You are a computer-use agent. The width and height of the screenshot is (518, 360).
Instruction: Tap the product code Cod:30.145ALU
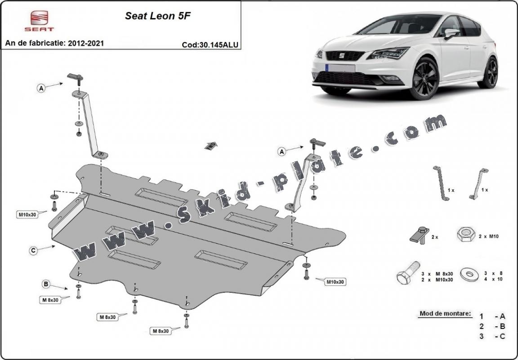210,44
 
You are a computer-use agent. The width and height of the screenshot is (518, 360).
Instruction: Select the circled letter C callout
33,251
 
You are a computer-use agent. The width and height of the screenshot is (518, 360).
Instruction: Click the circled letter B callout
46,284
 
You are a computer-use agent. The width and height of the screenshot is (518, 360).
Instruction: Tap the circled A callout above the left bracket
41,89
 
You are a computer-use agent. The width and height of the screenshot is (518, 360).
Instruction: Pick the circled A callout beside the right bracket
282,152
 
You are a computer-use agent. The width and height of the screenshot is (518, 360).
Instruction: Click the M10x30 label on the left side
27,214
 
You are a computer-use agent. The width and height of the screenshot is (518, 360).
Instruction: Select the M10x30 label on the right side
335,282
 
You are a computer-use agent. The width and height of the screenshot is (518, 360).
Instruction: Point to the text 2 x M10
489,236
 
